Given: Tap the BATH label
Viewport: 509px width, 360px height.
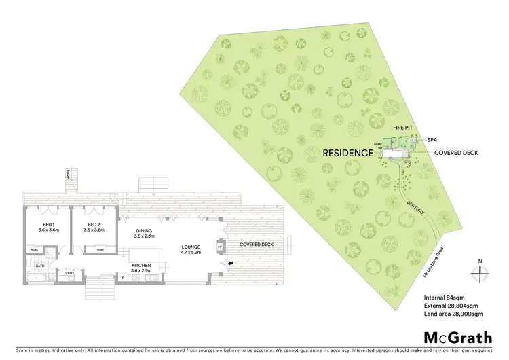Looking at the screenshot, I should pos(40,266).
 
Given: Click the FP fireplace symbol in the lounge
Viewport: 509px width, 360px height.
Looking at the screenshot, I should pos(219,247).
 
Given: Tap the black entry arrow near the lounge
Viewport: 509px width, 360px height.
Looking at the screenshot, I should pos(231,263).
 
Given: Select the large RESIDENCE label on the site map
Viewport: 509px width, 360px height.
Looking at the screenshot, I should pos(347,153).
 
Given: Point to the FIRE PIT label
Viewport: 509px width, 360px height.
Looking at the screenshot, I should pos(403,128).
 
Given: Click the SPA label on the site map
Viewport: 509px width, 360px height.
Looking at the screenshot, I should pos(432,139).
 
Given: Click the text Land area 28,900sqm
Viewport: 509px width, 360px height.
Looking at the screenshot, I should pos(453,314).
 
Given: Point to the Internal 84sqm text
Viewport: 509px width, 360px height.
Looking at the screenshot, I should pos(442,297).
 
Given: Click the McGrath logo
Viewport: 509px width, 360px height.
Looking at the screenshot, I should pos(458,338).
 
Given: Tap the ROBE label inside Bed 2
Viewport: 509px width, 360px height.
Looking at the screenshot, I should pos(100,249).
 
